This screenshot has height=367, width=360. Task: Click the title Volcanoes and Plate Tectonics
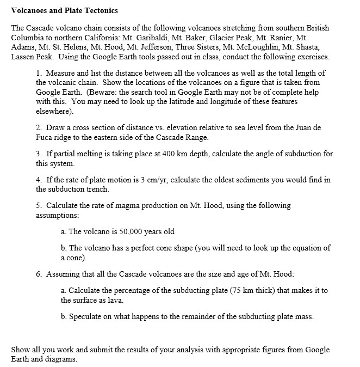[64, 11]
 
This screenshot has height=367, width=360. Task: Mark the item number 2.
[39, 127]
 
